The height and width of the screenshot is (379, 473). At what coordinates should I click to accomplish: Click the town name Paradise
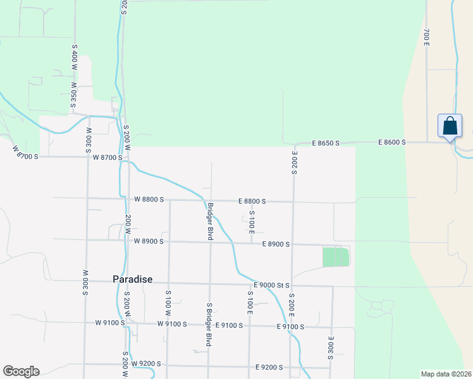[132, 279]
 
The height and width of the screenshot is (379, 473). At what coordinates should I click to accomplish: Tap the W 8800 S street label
[149, 199]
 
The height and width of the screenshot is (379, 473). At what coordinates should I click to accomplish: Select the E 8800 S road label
[252, 201]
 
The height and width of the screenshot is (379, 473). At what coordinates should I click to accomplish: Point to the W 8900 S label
[149, 241]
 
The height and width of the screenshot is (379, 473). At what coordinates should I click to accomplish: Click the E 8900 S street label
[276, 244]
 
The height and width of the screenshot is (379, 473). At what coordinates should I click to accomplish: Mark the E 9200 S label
[269, 367]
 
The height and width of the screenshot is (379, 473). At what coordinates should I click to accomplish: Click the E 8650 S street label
[326, 143]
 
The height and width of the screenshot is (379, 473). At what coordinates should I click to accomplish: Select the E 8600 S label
[392, 143]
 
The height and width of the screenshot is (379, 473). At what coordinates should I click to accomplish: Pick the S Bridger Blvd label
[209, 324]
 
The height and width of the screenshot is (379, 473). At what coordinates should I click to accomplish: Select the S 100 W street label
[168, 303]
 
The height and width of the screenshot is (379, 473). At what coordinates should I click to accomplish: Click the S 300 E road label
[331, 348]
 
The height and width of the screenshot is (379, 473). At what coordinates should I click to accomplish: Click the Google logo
[21, 371]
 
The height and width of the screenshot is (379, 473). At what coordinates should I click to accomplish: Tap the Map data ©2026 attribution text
[446, 374]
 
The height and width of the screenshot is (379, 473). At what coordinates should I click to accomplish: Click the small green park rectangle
[336, 257]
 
